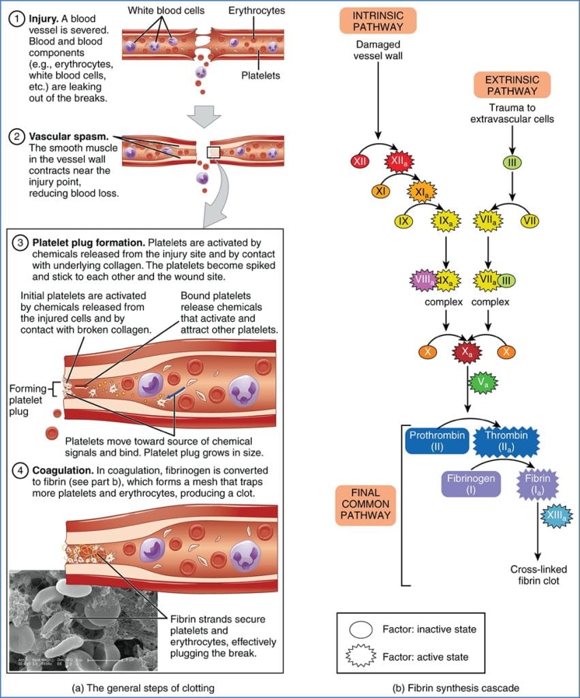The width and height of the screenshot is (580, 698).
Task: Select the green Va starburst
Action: point(483,384)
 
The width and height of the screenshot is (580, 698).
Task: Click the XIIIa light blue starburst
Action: point(555,518)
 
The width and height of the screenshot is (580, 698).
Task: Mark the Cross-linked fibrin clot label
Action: point(538,575)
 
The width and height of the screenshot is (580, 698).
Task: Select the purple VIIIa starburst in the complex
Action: point(424,279)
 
